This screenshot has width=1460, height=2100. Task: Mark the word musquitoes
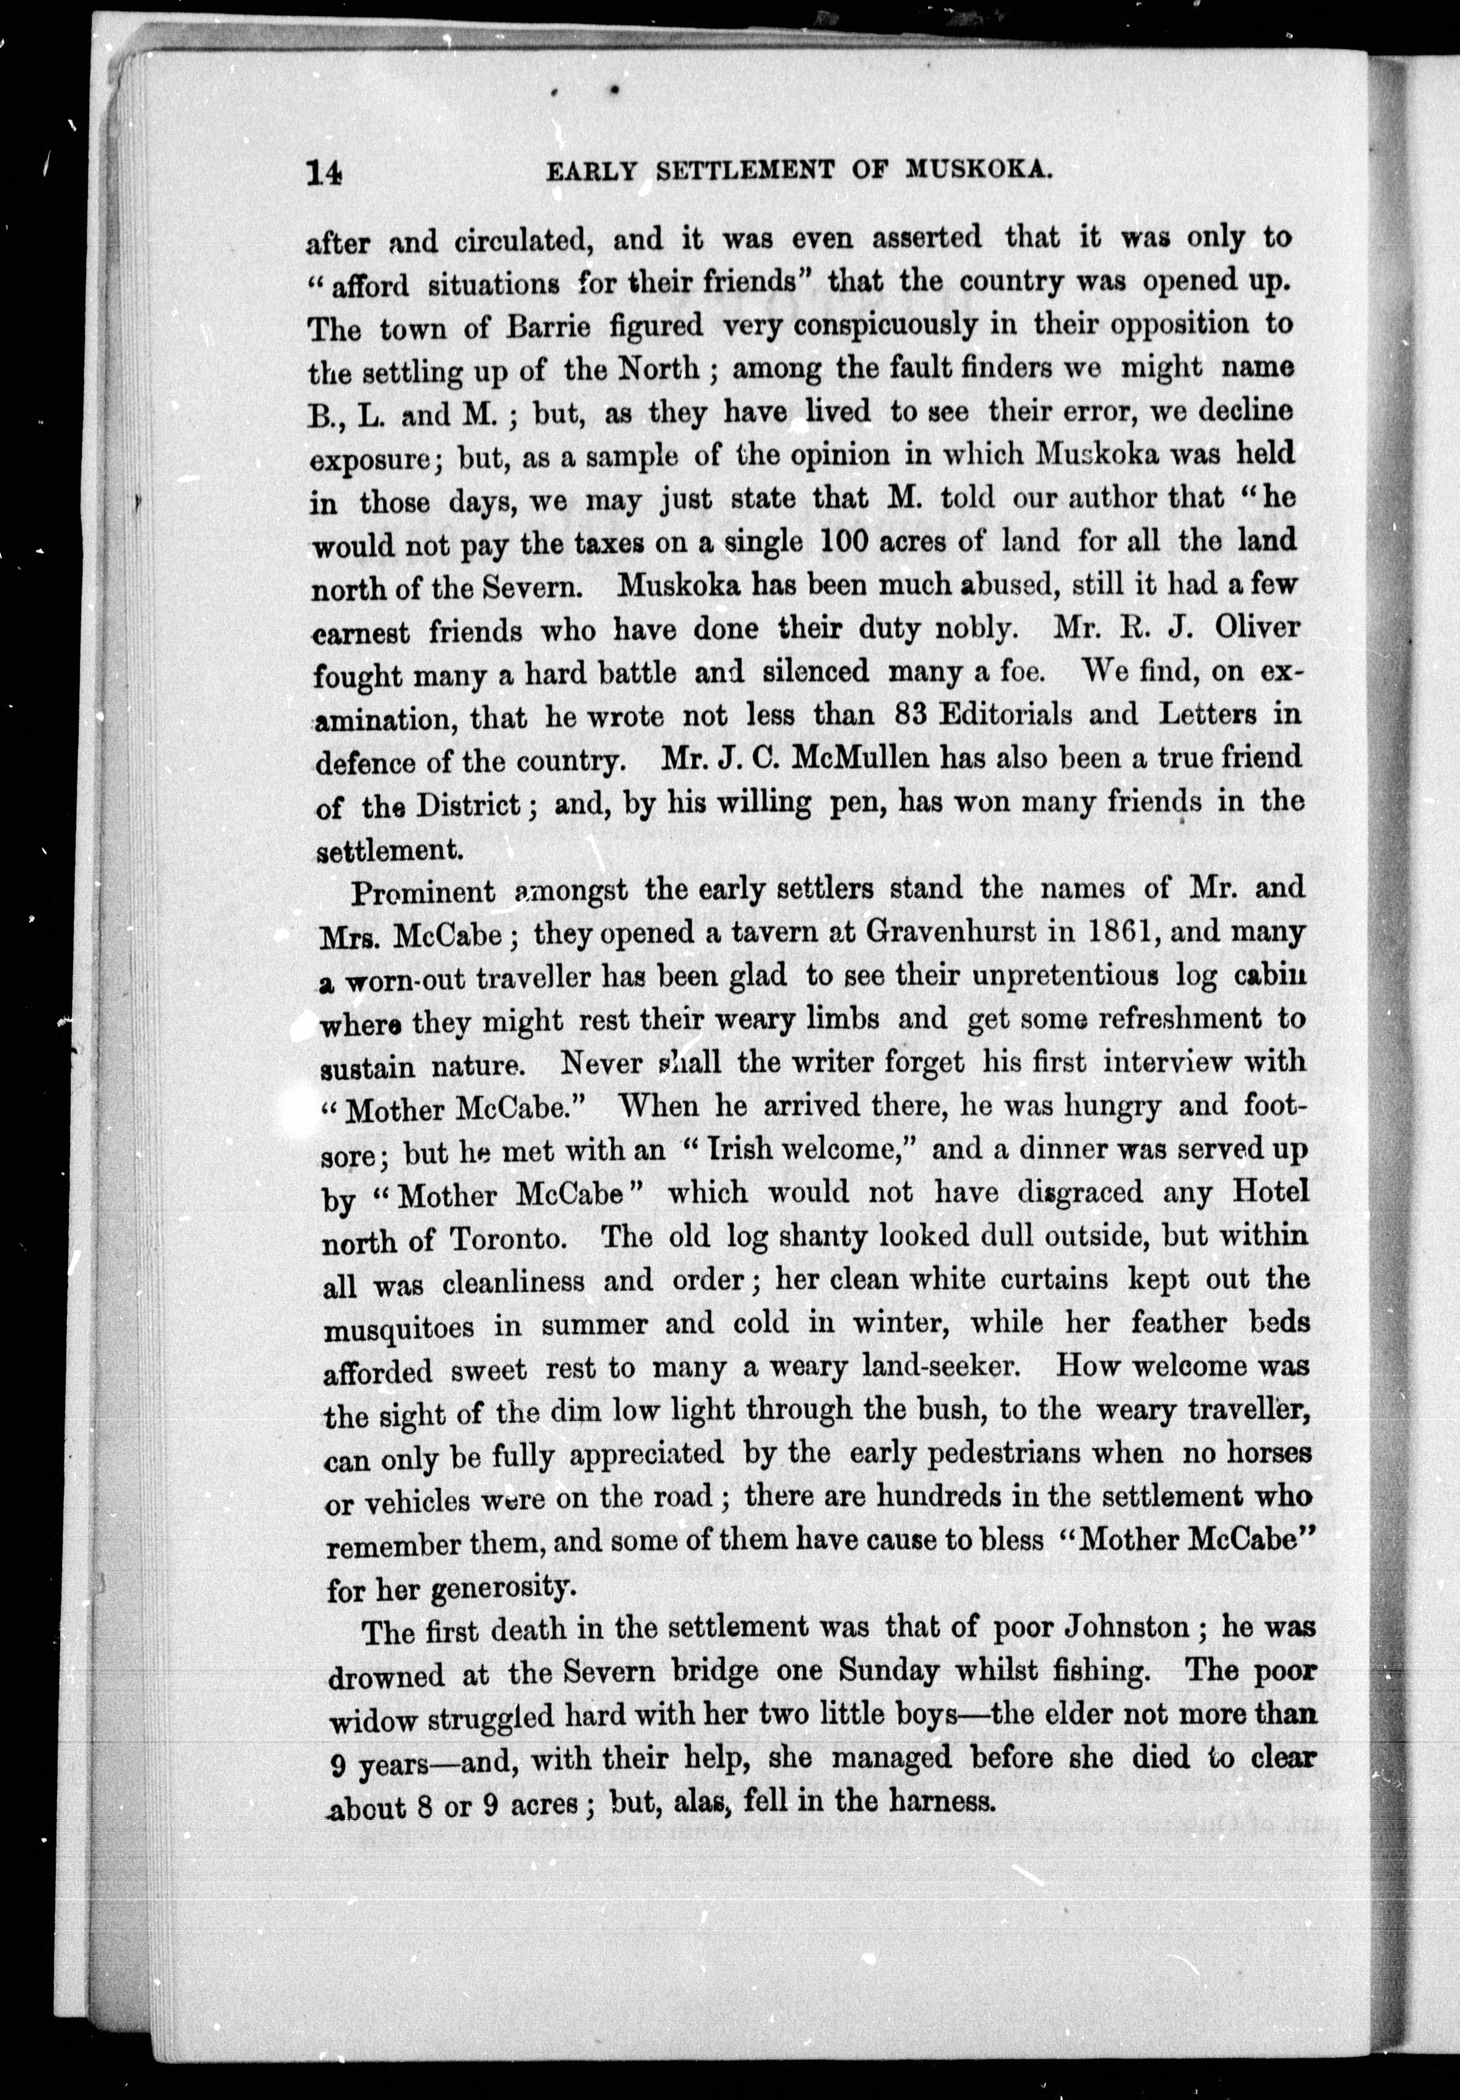(x=400, y=1327)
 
